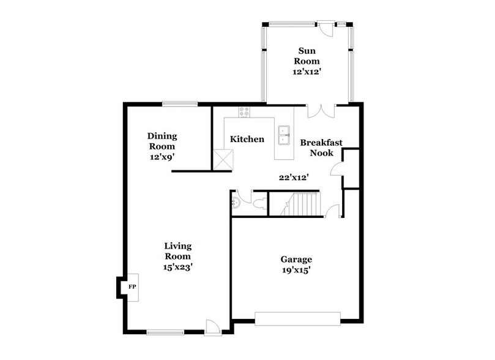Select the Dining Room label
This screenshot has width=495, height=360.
162,141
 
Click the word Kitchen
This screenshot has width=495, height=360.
247,140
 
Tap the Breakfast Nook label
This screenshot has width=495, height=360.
321,148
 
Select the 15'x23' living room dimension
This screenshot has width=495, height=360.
178,267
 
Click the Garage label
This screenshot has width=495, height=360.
296,259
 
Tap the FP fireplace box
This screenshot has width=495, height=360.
131,286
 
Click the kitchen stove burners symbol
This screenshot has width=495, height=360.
244,111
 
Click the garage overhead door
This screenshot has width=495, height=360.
297,318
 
